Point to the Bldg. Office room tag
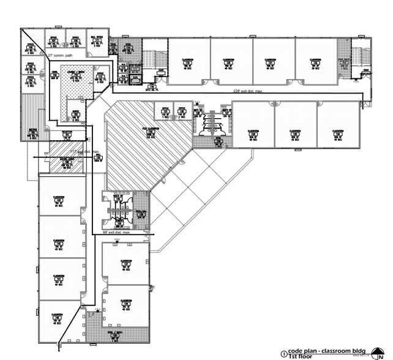pyautogui.click(x=97, y=40)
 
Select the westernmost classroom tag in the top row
pyautogui.click(x=188, y=62)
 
